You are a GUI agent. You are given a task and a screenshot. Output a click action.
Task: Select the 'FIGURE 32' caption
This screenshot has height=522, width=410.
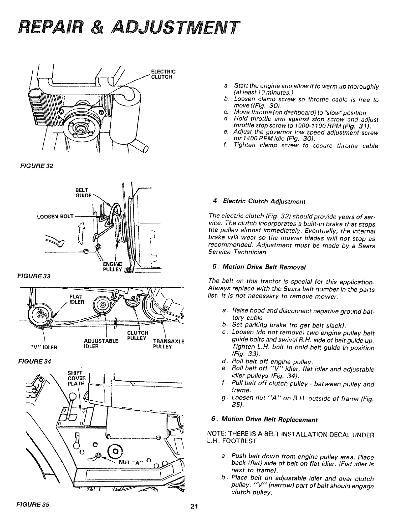point(39,166)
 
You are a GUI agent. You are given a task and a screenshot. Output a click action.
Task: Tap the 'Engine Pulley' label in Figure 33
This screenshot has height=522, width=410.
point(113,266)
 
